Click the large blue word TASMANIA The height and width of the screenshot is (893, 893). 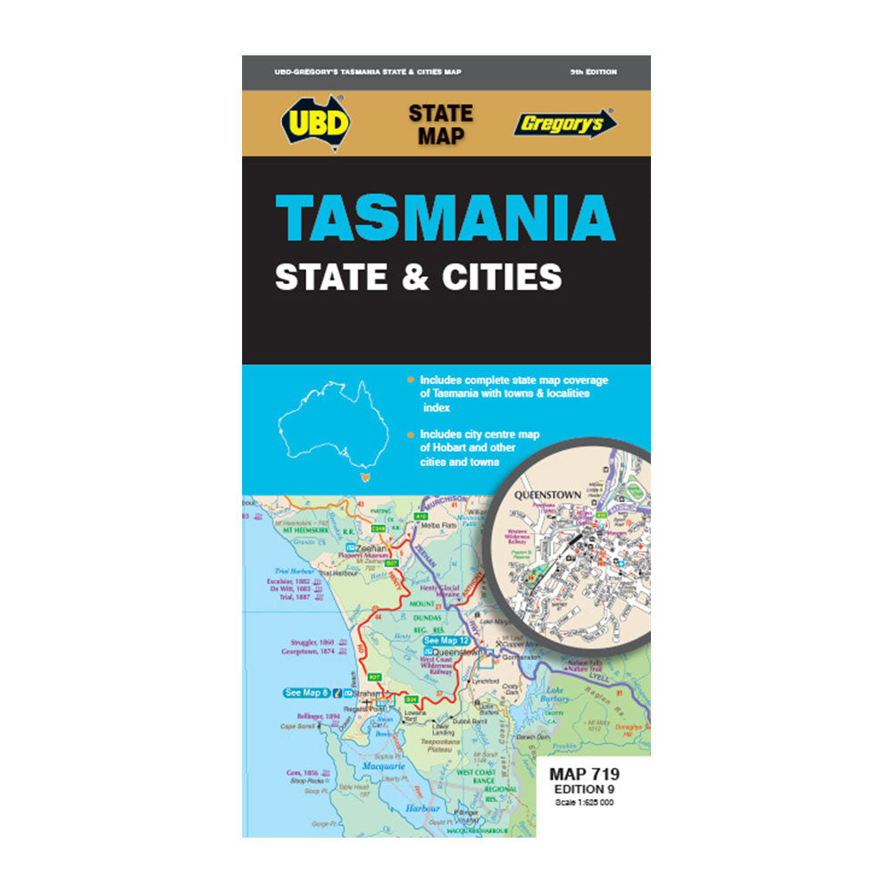[x=446, y=217]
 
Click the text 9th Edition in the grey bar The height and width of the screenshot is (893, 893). [x=593, y=71]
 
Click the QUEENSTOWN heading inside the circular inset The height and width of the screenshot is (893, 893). [x=548, y=494]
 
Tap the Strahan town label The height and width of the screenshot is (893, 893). [x=364, y=693]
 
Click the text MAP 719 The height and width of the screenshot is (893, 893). [x=584, y=773]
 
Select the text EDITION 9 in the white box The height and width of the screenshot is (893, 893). [x=584, y=789]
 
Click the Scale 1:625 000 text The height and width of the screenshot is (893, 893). [x=584, y=802]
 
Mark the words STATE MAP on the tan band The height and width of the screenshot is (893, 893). [x=440, y=125]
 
